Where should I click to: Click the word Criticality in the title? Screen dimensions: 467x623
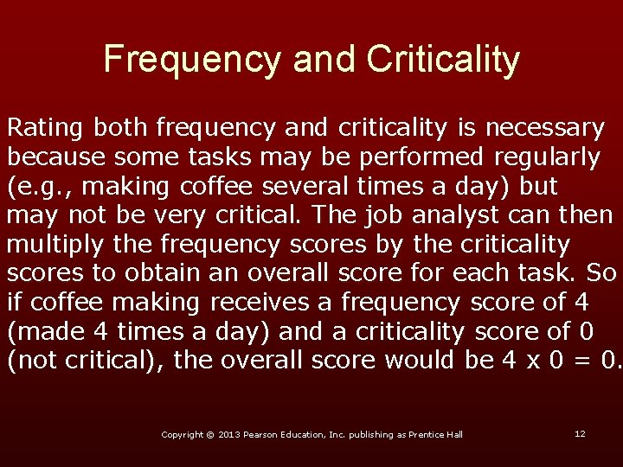(x=443, y=60)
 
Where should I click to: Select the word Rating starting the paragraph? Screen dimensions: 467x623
(x=45, y=129)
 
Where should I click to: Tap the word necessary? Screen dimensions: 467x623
(x=545, y=129)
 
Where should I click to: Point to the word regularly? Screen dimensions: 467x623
(x=547, y=157)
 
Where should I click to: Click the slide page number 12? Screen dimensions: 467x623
(x=580, y=433)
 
